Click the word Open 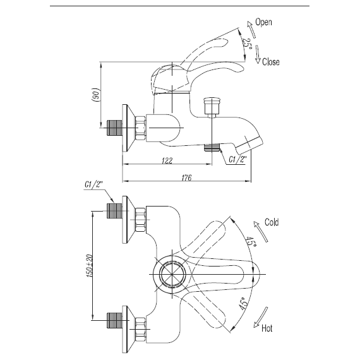263,22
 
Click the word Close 271,62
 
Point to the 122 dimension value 167,160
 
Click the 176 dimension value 186,177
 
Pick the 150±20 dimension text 89,265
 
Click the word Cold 272,222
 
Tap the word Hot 267,328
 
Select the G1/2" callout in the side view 238,159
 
